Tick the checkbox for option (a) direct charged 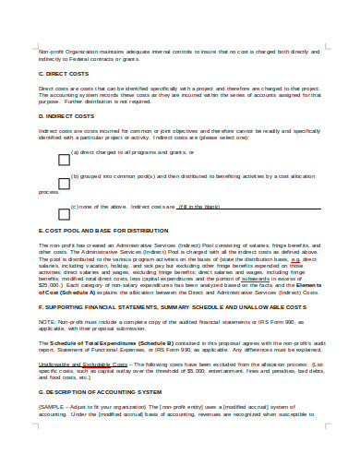coord(64,160)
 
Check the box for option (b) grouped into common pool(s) coord(64,185)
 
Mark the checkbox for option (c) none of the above coord(64,209)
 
